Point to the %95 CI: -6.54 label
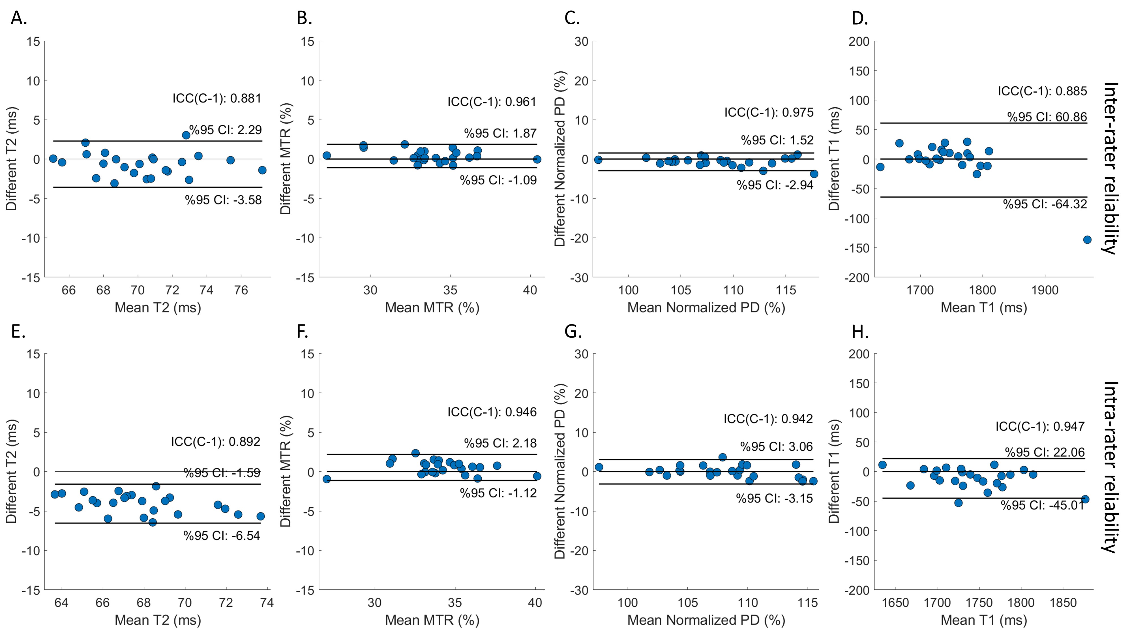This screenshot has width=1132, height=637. point(222,535)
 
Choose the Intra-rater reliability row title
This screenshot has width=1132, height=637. point(1110,467)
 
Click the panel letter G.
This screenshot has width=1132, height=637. point(573,332)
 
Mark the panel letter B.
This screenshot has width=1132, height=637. point(304,18)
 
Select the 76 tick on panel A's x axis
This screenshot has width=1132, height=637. point(241,290)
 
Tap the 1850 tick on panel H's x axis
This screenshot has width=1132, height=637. point(1063,603)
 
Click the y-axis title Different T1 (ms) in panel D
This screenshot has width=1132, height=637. point(834,159)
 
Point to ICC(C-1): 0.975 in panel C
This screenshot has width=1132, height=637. point(769,113)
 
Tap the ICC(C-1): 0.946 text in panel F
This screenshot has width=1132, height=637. point(492,412)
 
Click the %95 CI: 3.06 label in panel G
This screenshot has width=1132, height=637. point(777,447)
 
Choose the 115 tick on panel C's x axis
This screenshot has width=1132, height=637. point(786,290)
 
